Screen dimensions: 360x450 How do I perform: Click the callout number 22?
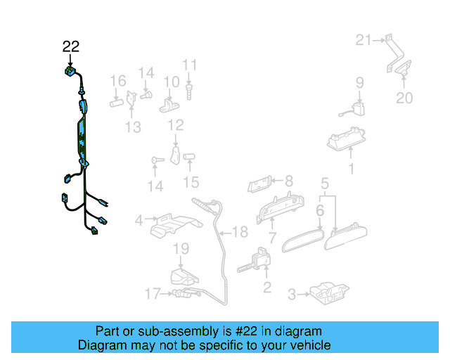click(x=70, y=47)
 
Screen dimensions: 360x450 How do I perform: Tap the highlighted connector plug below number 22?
click(x=70, y=72)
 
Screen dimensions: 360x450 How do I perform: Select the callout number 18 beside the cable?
click(x=240, y=232)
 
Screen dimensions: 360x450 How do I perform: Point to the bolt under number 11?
click(x=189, y=89)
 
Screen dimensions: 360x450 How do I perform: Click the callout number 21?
click(x=362, y=40)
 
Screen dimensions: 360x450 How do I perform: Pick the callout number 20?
click(x=404, y=98)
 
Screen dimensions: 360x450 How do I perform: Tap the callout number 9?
click(x=359, y=82)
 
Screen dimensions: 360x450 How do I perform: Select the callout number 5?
click(x=324, y=185)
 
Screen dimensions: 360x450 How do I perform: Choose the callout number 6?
click(x=320, y=210)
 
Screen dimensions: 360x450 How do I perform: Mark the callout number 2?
click(x=266, y=286)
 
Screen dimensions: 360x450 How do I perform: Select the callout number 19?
click(x=181, y=248)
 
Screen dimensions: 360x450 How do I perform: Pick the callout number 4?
click(x=139, y=220)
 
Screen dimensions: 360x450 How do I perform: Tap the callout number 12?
click(x=175, y=125)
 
